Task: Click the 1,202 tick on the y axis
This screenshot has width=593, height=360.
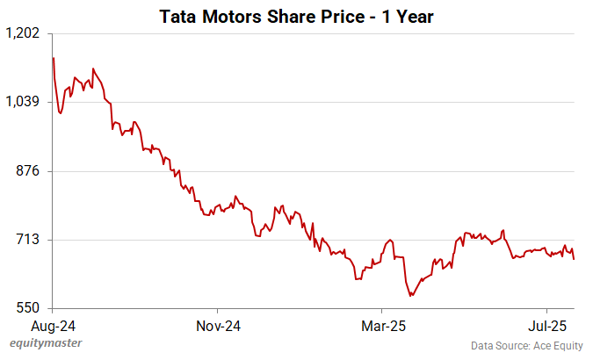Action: [23, 33]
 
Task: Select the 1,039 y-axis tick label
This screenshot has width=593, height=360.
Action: [23, 102]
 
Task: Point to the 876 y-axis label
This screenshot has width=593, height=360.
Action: [29, 170]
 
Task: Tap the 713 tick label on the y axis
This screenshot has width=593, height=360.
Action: [29, 239]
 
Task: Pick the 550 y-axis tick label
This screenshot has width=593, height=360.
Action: [29, 307]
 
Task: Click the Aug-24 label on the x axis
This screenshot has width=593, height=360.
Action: [53, 325]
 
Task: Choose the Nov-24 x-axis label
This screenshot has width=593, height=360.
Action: [218, 325]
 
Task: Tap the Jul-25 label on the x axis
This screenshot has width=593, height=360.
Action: [546, 325]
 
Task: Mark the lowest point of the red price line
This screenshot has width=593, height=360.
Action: [410, 296]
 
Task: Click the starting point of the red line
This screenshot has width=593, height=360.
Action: [54, 58]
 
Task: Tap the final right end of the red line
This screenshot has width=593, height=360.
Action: [575, 259]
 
